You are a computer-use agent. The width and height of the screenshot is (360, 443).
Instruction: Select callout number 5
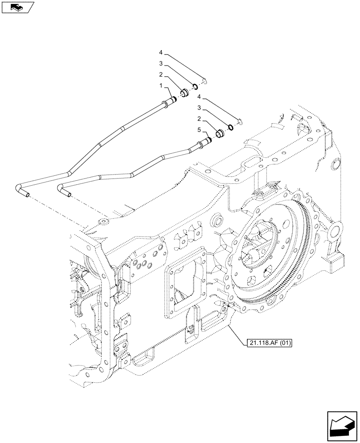(199, 130)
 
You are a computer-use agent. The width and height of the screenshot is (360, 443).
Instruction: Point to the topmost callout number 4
(162, 53)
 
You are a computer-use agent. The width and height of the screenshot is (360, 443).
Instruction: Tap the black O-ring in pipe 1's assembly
(194, 86)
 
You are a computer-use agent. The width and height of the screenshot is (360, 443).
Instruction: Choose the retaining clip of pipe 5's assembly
(239, 121)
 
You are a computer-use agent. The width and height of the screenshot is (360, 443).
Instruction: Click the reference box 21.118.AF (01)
(267, 342)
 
